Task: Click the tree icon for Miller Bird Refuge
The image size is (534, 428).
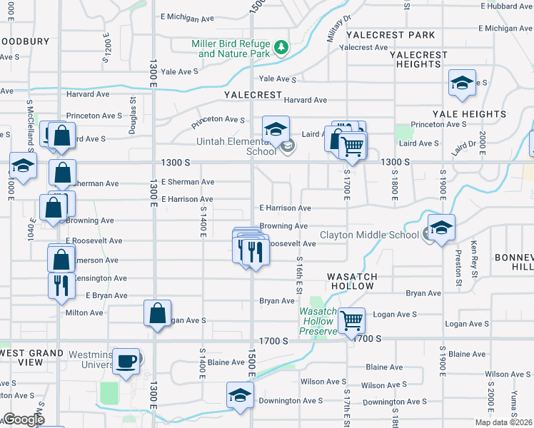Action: pyautogui.click(x=282, y=47)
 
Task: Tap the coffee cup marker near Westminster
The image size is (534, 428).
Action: pyautogui.click(x=127, y=361)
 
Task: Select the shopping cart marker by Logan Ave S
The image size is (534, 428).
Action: pyautogui.click(x=351, y=320)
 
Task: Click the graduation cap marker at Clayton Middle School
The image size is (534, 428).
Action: pyautogui.click(x=441, y=228)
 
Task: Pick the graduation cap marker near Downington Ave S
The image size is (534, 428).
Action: pyautogui.click(x=240, y=395)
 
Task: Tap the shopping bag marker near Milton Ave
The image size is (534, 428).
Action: pyautogui.click(x=157, y=312)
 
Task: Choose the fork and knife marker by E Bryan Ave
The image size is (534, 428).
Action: pyautogui.click(x=61, y=285)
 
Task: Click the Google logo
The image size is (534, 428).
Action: pyautogui.click(x=23, y=419)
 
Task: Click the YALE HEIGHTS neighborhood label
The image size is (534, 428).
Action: pyautogui.click(x=469, y=114)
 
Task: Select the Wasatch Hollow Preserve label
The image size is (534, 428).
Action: pyautogui.click(x=317, y=321)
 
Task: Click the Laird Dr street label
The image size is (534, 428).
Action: pyautogui.click(x=463, y=148)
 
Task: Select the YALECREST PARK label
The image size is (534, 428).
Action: pyautogui.click(x=390, y=35)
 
